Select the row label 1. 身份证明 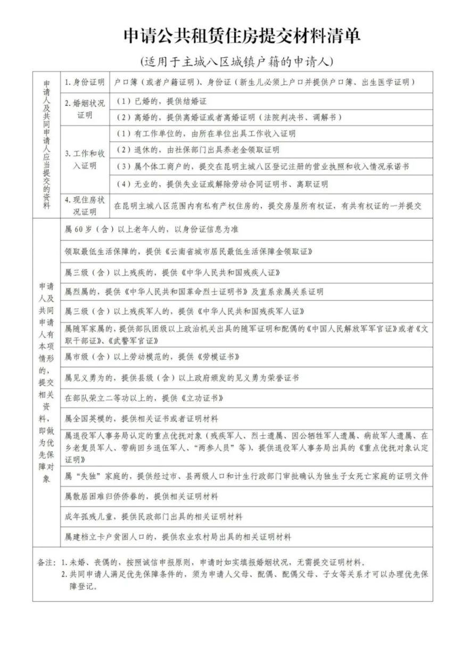pos(84,83)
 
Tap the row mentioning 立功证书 pos(133,398)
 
